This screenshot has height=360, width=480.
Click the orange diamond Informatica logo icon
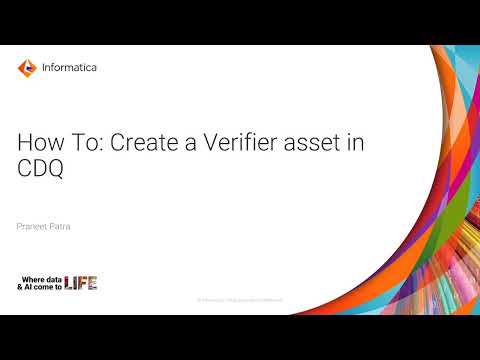click(x=27, y=68)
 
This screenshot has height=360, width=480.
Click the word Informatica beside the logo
click(x=70, y=68)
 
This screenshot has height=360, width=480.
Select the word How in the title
click(x=37, y=143)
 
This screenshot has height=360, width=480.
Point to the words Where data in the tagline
click(x=41, y=277)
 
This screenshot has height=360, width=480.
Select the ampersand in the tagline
click(x=21, y=287)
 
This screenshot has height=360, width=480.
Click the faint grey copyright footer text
click(x=240, y=299)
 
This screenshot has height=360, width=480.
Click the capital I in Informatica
click(x=45, y=68)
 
